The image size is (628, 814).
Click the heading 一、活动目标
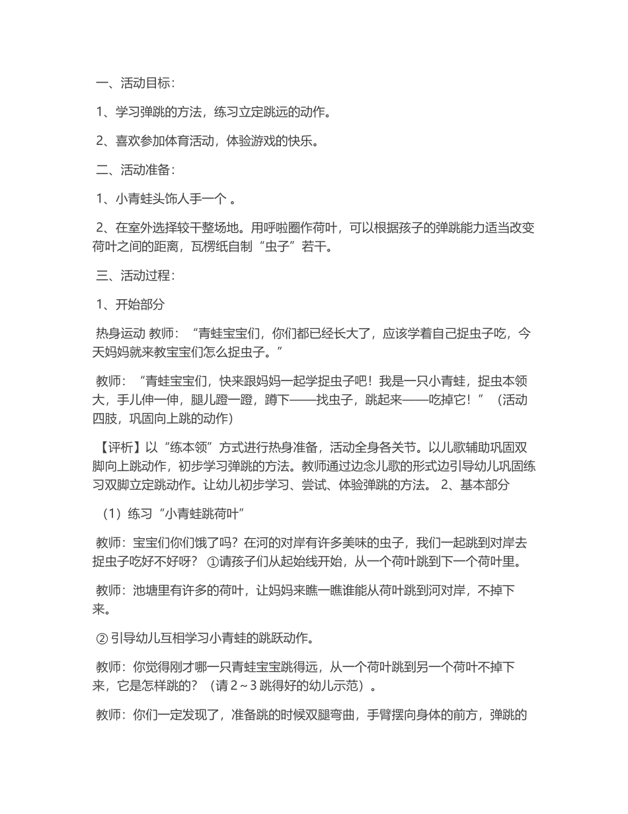pyautogui.click(x=135, y=83)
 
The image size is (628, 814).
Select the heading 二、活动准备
pyautogui.click(x=135, y=170)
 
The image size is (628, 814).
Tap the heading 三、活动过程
pyautogui.click(x=135, y=275)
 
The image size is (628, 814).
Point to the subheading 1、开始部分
pyautogui.click(x=130, y=304)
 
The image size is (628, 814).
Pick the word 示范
pyautogui.click(x=349, y=686)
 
